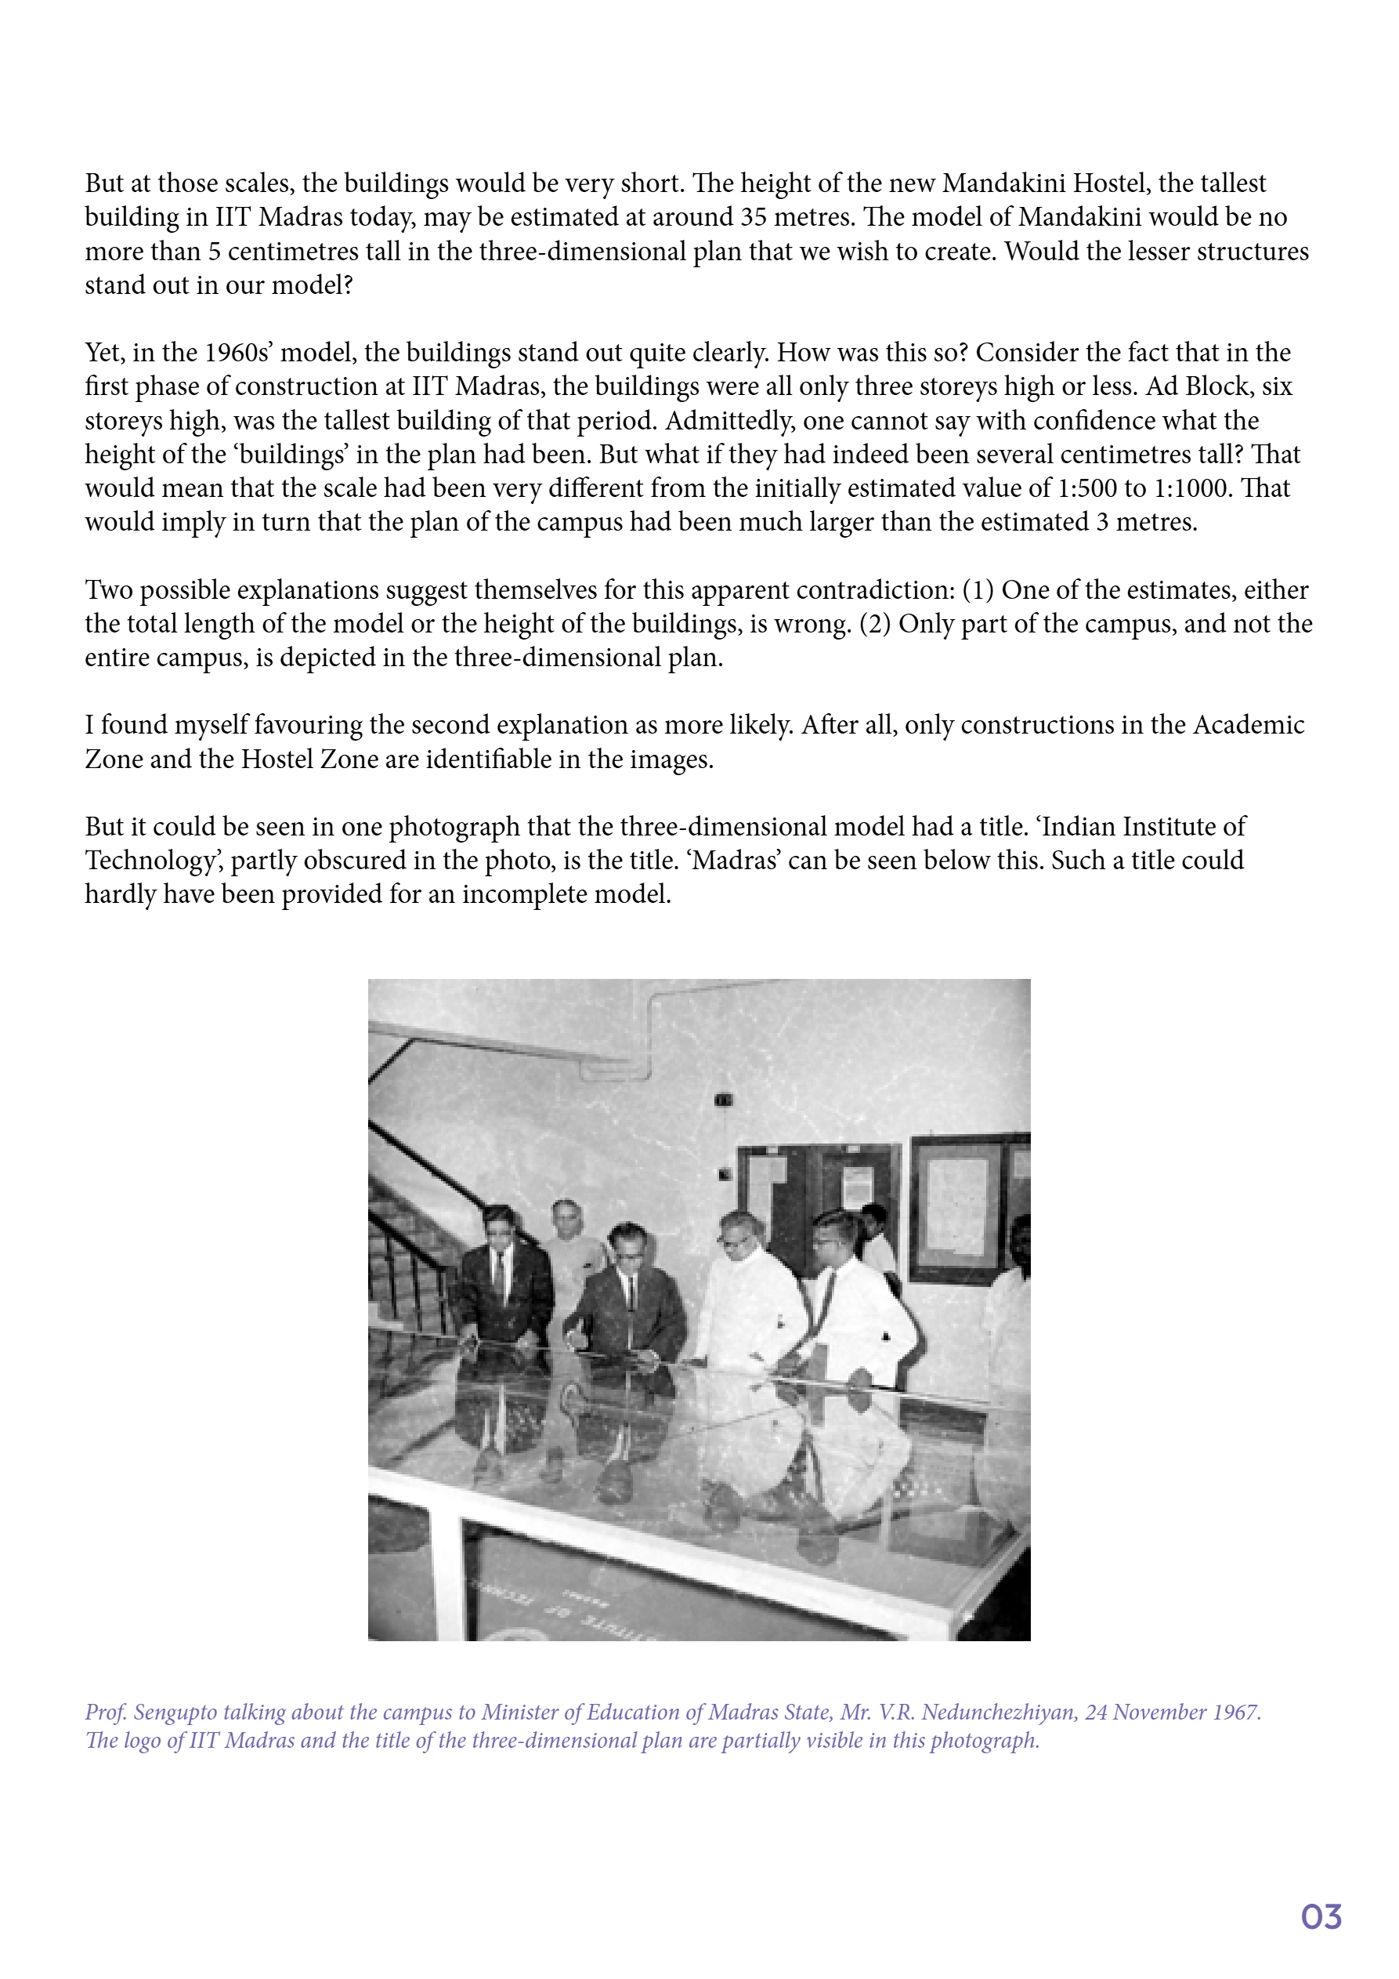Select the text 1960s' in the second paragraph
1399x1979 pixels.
(240, 353)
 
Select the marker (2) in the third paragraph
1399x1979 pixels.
(874, 624)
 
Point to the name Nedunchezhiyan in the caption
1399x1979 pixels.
(1000, 1712)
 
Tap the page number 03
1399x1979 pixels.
(1321, 1917)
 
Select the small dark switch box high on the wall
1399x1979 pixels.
(723, 1100)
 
